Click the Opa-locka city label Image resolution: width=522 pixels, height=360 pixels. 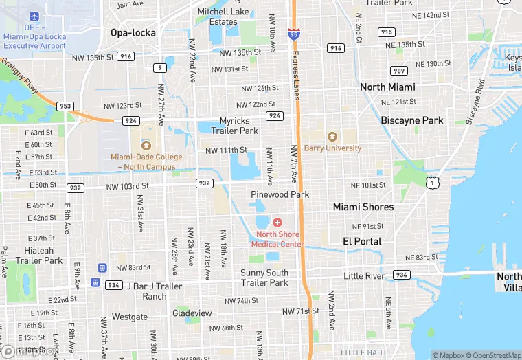click(x=133, y=32)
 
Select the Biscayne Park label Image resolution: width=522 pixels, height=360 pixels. click(x=412, y=120)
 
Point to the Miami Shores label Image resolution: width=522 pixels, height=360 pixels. click(x=363, y=207)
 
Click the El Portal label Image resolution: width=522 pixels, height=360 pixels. click(x=362, y=241)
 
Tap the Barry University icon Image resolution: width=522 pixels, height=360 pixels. click(x=332, y=137)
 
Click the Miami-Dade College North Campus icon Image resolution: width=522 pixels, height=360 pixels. click(x=146, y=145)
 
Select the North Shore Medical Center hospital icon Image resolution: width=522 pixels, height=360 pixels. click(x=277, y=223)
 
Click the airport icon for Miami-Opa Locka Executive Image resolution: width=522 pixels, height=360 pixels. click(x=34, y=16)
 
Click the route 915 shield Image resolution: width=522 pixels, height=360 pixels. click(x=387, y=32)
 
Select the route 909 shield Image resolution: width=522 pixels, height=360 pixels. click(x=399, y=70)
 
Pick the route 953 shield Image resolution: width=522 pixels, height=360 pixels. click(x=65, y=106)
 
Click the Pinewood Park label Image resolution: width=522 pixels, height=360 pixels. click(x=280, y=194)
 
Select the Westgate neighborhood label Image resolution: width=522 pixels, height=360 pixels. click(x=130, y=317)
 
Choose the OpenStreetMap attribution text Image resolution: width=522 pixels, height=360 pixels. click(x=493, y=355)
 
